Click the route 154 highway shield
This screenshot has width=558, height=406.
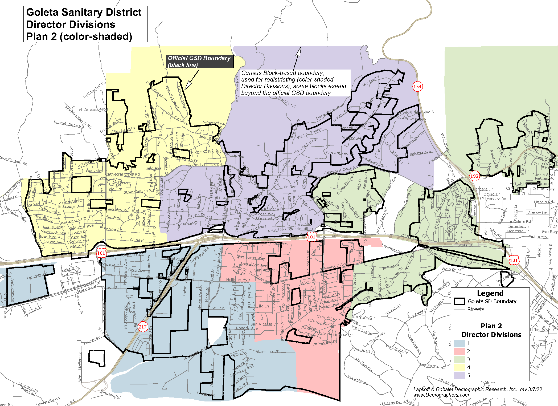[x=417, y=86]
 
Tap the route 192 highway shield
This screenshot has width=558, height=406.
[x=474, y=176]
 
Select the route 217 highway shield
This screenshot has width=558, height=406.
[x=143, y=327]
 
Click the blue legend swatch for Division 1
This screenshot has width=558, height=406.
[x=459, y=343]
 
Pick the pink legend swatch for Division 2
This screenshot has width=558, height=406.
[x=459, y=351]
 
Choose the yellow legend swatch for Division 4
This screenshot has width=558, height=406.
[x=459, y=367]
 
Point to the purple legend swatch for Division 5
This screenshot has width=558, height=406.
[x=459, y=375]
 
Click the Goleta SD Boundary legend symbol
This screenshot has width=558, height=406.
[x=459, y=301]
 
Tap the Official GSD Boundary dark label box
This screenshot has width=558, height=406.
[x=199, y=62]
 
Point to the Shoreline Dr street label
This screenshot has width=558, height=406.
[x=267, y=352]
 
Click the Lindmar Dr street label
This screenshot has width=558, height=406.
[x=37, y=276]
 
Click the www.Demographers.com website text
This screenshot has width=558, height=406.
[x=441, y=395]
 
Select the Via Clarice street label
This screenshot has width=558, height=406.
[x=371, y=81]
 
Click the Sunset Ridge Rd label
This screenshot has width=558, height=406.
[x=68, y=124]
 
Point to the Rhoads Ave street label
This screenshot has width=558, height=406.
[x=247, y=328]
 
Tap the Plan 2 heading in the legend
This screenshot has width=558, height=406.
[x=491, y=326]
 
